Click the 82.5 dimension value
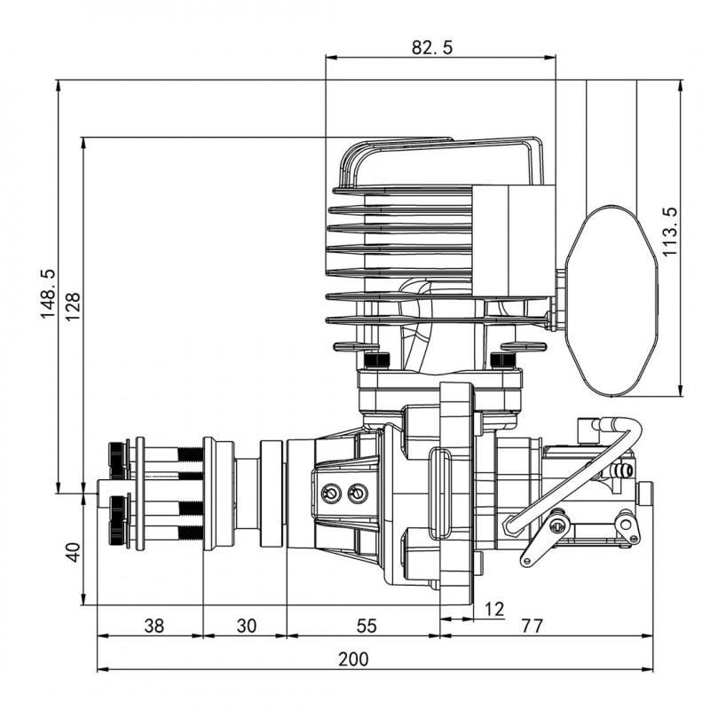(x=432, y=48)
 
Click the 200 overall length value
(x=353, y=659)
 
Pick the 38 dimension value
(x=154, y=626)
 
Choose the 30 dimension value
(x=246, y=626)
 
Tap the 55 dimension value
(x=366, y=626)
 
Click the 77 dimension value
(x=531, y=626)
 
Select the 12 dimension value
(x=494, y=609)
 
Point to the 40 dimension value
(x=74, y=551)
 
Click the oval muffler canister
(x=613, y=298)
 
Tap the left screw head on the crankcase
(x=332, y=493)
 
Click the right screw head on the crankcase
(x=357, y=493)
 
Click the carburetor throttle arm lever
(x=543, y=538)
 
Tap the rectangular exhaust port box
(x=513, y=241)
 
